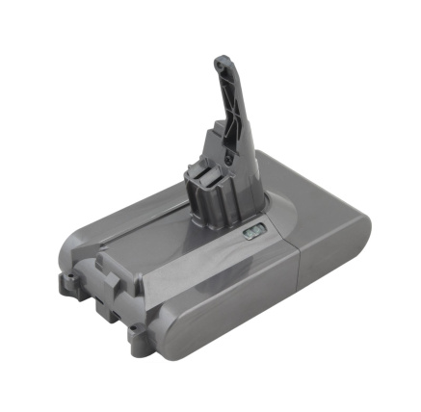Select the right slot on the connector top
click(x=224, y=175)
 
